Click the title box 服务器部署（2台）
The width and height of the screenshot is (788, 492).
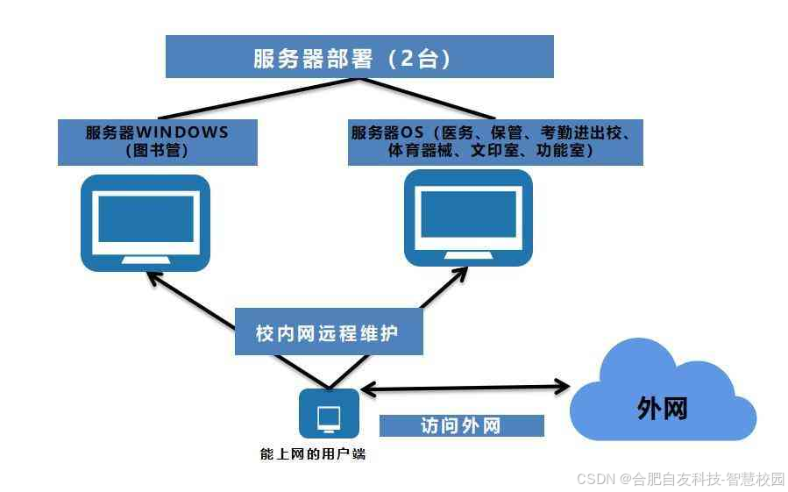359,57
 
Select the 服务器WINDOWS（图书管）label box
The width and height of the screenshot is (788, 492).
158,142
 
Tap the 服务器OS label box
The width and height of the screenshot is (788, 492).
495,142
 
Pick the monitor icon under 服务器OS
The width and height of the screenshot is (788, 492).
468,217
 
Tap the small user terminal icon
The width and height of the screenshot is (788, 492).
329,414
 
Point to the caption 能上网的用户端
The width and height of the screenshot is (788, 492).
313,453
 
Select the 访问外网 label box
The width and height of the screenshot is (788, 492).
461,426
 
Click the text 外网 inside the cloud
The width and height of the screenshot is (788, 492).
662,408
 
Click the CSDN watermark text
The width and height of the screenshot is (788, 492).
680,479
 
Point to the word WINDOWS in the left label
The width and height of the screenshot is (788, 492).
182,133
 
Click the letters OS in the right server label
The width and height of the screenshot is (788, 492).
413,133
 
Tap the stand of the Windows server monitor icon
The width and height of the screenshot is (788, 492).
146,259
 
